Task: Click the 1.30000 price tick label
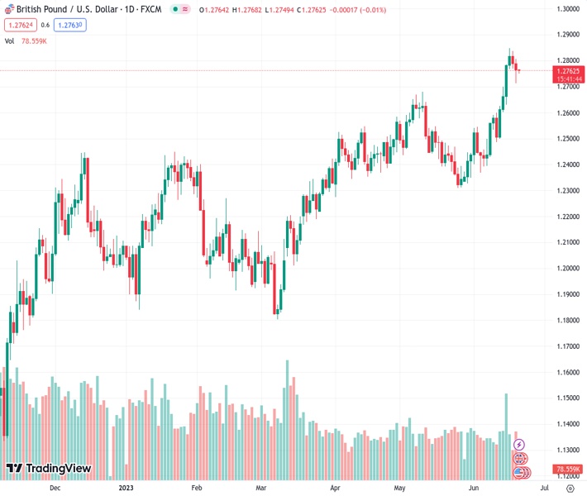click(566, 9)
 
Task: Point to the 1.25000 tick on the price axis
click(566, 139)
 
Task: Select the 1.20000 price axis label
click(566, 269)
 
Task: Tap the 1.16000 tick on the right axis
click(566, 373)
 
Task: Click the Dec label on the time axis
click(55, 488)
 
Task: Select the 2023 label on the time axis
click(126, 488)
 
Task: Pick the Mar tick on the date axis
click(261, 488)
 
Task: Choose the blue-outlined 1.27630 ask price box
click(70, 25)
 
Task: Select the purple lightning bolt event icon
click(519, 445)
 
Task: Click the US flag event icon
click(522, 472)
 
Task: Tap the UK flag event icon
click(520, 458)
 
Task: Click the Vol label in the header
click(10, 41)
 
